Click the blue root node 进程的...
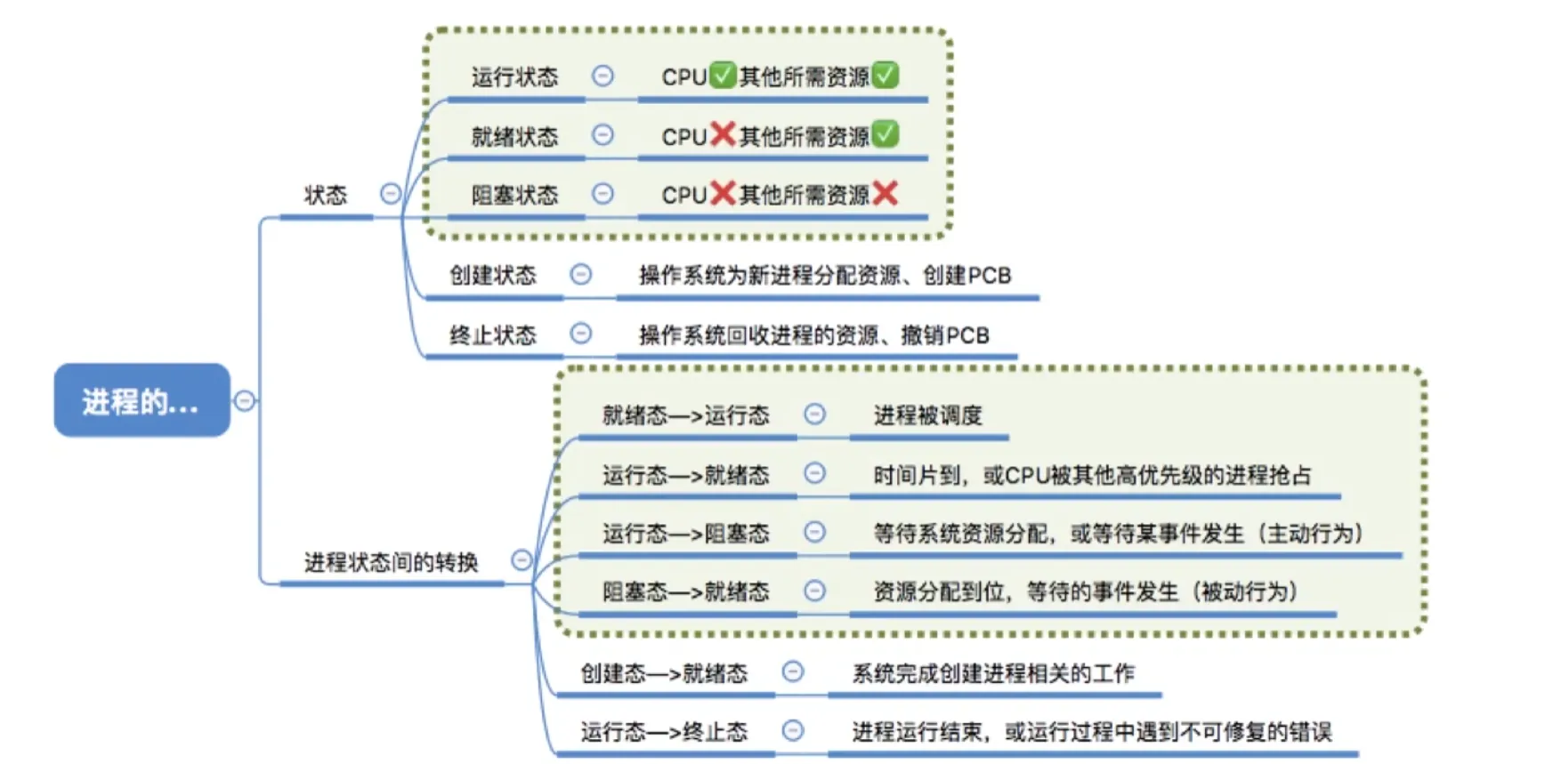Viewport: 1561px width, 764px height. point(142,400)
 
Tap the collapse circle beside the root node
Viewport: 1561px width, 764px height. point(244,401)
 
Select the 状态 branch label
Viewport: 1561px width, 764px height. point(325,195)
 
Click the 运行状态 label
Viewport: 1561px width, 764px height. point(514,77)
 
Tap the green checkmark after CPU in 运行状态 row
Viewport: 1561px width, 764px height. point(723,75)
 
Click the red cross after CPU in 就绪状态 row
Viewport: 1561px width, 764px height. point(723,134)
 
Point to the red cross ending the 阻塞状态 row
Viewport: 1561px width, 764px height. point(886,193)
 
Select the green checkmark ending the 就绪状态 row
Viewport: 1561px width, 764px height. point(886,134)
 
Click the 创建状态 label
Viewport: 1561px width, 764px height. point(492,275)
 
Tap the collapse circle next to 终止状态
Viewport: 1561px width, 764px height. point(581,334)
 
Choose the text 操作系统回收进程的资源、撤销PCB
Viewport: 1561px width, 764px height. point(813,335)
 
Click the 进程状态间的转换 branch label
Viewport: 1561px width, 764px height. point(391,562)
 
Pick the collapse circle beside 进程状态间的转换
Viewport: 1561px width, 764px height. point(522,559)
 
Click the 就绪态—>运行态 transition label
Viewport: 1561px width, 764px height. point(685,415)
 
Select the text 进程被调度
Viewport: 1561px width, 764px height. point(927,415)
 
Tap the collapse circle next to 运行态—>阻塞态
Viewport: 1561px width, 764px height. point(814,532)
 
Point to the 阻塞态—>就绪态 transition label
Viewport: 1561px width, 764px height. point(685,591)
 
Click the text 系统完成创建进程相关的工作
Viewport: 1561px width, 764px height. point(993,673)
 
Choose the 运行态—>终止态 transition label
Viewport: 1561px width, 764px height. point(664,732)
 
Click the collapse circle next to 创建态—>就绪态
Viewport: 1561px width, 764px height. point(792,672)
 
